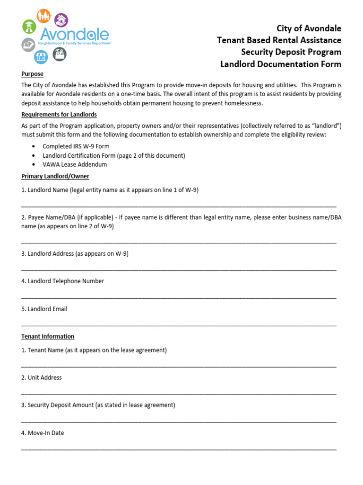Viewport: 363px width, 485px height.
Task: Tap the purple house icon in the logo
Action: [x=61, y=20]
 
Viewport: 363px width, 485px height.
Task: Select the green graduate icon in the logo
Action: [x=29, y=27]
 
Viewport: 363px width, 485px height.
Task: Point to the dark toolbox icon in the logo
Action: [x=60, y=54]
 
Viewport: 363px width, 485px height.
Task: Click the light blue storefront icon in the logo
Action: [x=41, y=57]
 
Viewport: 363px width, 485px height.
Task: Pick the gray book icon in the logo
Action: [x=28, y=45]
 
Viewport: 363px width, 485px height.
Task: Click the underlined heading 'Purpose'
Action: [x=32, y=74]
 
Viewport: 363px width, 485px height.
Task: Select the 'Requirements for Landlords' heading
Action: [x=59, y=115]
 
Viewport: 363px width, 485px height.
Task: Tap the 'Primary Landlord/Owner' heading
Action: [x=55, y=176]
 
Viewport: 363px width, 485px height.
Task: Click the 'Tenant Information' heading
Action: [x=48, y=336]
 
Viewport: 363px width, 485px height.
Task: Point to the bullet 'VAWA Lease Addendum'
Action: [x=75, y=164]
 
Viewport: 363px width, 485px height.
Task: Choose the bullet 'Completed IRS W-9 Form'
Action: [x=76, y=146]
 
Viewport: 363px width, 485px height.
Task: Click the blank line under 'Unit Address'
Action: [x=179, y=394]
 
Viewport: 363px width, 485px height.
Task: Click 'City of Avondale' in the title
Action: [x=309, y=28]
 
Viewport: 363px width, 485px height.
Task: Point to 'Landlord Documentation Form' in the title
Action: [x=281, y=64]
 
